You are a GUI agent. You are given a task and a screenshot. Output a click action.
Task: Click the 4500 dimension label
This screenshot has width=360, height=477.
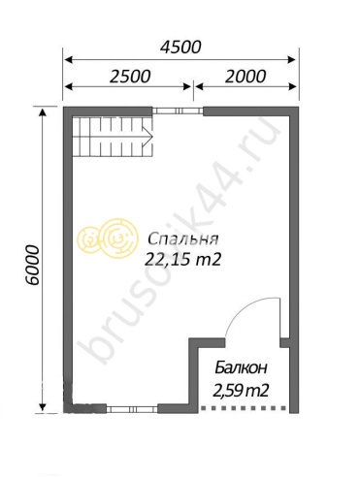click(180, 47)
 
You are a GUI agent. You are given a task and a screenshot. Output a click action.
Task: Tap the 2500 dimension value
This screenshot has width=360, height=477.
click(130, 77)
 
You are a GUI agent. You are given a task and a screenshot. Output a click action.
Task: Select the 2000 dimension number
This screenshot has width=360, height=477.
click(245, 77)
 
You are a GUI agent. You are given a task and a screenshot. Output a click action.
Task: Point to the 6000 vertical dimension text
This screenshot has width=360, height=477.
click(33, 265)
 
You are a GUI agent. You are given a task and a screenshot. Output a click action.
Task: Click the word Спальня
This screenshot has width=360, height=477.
click(183, 239)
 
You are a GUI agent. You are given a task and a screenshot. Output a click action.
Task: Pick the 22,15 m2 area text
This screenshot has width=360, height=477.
click(183, 259)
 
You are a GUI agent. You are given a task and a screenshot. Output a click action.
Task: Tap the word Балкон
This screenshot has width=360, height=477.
click(242, 367)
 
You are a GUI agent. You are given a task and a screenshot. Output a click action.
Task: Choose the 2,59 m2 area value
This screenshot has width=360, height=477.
click(242, 391)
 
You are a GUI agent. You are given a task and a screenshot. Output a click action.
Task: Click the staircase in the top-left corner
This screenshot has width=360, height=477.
click(113, 136)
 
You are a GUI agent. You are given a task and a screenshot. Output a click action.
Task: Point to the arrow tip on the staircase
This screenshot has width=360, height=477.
click(152, 136)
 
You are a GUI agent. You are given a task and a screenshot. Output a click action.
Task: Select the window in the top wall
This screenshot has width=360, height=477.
click(178, 111)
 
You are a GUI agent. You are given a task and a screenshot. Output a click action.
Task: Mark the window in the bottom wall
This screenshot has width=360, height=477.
click(132, 409)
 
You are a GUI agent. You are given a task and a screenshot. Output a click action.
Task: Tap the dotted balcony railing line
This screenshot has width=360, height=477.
click(244, 408)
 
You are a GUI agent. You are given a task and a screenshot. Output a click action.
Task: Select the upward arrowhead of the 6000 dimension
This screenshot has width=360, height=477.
click(43, 112)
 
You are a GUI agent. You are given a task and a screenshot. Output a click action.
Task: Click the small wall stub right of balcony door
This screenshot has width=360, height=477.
click(284, 342)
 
